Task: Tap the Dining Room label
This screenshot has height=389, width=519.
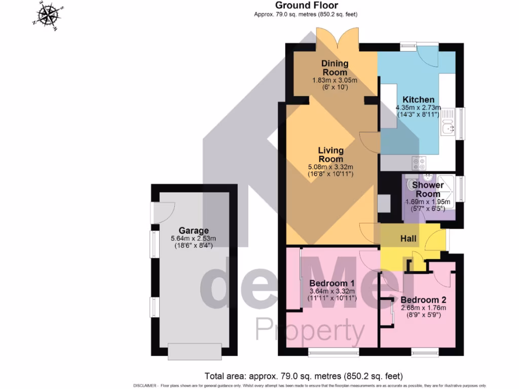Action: (x=335, y=68)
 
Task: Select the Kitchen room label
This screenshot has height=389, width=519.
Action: (x=418, y=99)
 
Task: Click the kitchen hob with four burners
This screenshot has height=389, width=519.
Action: (x=419, y=163)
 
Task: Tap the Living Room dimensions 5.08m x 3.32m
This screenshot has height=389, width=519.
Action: (x=330, y=167)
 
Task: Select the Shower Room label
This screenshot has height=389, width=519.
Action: (x=428, y=189)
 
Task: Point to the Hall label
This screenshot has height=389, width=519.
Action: (x=409, y=239)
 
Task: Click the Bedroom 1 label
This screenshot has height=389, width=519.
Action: (x=332, y=283)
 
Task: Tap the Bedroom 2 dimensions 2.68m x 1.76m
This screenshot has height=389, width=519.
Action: (x=423, y=307)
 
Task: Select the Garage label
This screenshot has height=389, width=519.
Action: (x=194, y=230)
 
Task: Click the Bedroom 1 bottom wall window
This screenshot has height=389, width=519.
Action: (x=333, y=351)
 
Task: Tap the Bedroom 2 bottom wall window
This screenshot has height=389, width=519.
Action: (x=425, y=351)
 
